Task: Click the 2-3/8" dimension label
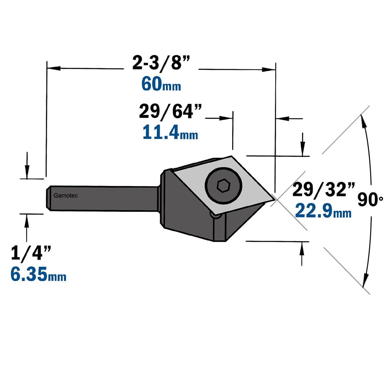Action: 161,63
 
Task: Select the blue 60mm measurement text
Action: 161,84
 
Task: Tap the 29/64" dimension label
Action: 170,112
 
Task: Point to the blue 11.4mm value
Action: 170,132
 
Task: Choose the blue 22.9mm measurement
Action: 323,211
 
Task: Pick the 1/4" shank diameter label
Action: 31,253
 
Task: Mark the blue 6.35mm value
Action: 38,274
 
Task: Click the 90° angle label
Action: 370,199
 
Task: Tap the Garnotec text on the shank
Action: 65,196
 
